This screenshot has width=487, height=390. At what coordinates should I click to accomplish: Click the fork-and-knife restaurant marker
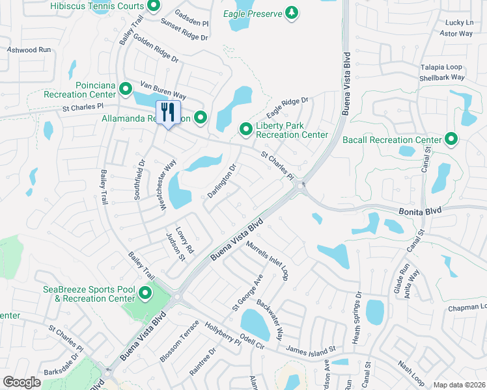point(168,112)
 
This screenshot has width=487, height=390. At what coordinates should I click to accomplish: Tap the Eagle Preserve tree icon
point(292,13)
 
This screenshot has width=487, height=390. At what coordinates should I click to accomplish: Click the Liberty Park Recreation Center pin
point(246,129)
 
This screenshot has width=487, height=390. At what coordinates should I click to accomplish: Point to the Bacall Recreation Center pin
point(451,139)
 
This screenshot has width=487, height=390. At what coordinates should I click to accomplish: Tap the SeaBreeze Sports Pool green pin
point(145,294)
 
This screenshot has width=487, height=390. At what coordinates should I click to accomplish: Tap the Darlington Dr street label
point(221,182)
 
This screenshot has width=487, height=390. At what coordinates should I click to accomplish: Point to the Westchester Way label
point(168,185)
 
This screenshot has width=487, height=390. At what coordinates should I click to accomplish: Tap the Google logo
point(22,382)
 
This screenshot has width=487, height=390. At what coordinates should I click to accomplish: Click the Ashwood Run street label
point(29,49)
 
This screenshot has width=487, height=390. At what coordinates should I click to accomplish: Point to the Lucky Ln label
point(460,22)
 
